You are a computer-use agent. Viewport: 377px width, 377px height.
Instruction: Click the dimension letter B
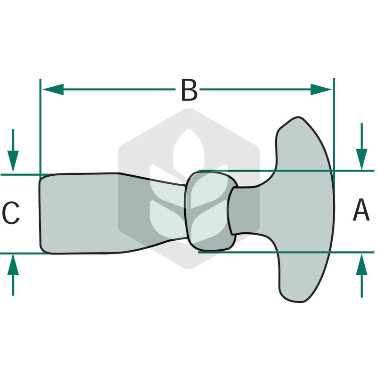click(x=189, y=90)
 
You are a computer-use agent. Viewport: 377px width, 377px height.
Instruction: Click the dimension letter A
click(x=361, y=210)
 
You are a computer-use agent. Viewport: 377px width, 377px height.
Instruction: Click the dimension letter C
click(x=11, y=213)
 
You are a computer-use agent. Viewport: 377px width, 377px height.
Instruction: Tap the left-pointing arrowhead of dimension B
click(x=53, y=90)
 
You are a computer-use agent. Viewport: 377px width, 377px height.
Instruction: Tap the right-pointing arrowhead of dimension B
click(x=321, y=90)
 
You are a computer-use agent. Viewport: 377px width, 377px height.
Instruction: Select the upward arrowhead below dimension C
click(x=13, y=264)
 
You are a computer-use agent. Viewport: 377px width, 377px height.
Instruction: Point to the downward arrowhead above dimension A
click(x=361, y=159)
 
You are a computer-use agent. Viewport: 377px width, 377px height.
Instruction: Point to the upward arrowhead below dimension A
click(x=361, y=264)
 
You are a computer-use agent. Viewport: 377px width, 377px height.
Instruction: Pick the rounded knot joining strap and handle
click(x=210, y=212)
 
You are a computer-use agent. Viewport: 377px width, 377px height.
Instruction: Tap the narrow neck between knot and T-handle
click(x=243, y=211)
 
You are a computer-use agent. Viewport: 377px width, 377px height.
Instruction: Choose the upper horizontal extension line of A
click(x=286, y=171)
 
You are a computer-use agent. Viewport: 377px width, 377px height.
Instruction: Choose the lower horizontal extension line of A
click(x=286, y=252)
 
